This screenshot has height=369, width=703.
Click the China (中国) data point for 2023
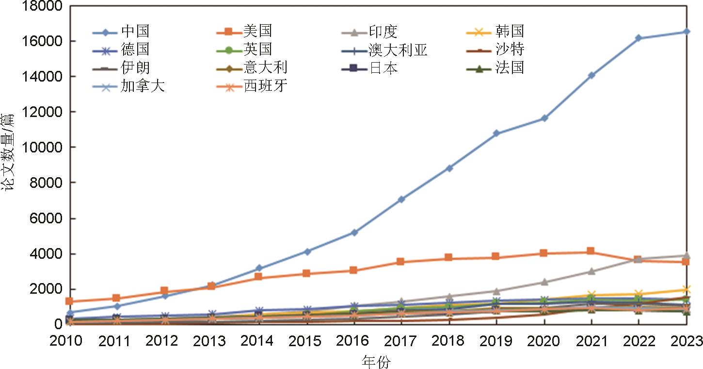pos(687,32)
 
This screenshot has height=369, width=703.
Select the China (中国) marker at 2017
pos(401,199)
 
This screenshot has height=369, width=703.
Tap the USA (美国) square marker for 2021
pos(591,251)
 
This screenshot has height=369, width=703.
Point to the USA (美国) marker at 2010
pos(69,301)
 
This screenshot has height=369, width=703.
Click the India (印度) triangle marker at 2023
pos(687,255)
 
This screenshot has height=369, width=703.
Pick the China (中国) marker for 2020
pos(544,118)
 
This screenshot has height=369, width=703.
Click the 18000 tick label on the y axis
pos(42,6)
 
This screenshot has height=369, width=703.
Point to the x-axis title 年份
pos(376,362)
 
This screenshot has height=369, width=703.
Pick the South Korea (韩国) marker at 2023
pos(687,290)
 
